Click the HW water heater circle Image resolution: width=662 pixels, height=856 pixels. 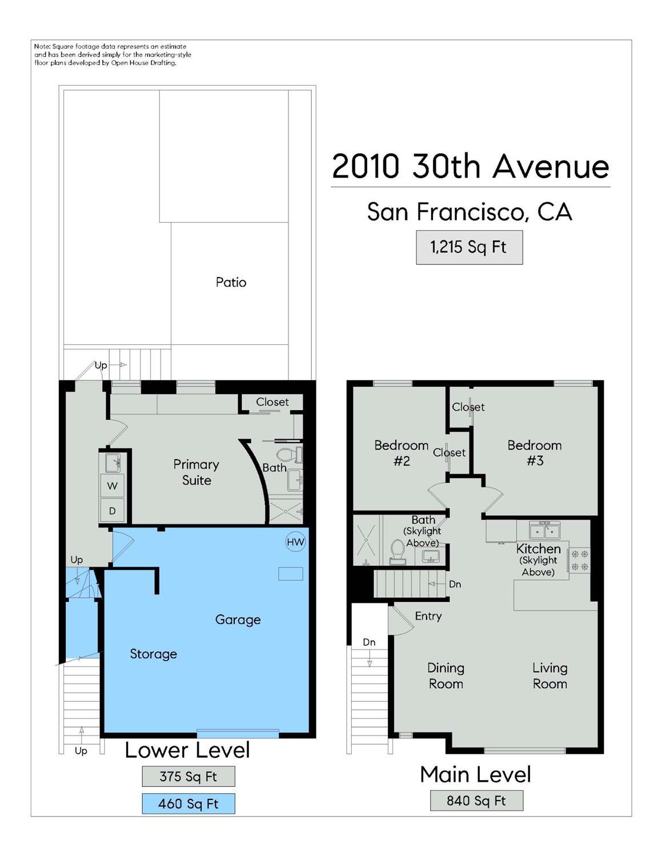pos(295,542)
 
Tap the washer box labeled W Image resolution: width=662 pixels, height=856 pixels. pos(112,486)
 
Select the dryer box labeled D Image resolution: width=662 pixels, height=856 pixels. pos(112,511)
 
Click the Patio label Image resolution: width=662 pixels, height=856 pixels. pos(231,282)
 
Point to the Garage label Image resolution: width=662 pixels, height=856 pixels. pos(238,620)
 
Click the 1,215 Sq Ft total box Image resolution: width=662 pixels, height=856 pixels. pos(470,247)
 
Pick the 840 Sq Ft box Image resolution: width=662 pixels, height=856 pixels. pos(476,801)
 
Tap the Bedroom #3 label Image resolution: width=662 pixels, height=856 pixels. pos(534,453)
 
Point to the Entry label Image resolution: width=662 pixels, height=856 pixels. pos(428,616)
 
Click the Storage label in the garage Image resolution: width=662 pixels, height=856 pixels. pos(153,654)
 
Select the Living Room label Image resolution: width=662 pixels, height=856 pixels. pos(549,676)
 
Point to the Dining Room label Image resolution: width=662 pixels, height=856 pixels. pos(446,676)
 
